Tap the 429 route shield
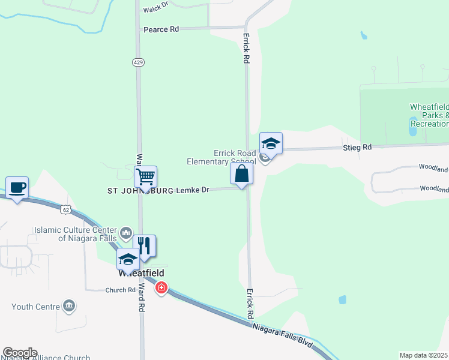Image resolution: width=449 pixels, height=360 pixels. coord(139,62)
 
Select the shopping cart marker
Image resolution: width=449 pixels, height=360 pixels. coord(145,178)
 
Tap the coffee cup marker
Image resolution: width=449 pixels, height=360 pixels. coord(17,188)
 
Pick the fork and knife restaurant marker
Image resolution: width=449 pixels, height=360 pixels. coord(144,245)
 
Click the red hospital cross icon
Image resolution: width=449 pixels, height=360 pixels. coord(161,289)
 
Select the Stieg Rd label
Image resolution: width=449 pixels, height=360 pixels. coord(357,147)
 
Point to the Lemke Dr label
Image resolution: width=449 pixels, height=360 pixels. coord(192,190)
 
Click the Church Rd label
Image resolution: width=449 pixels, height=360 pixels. coord(120,290)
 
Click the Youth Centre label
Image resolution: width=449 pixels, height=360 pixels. coord(35,307)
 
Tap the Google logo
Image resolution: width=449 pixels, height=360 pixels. coord(19,353)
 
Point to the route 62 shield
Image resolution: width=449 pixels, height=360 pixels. coord(66,209)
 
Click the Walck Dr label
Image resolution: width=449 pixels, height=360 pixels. coord(154,10)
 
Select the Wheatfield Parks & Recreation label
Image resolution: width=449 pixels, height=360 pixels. coord(429,115)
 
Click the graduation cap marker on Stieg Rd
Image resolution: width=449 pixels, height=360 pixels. coord(270,143)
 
